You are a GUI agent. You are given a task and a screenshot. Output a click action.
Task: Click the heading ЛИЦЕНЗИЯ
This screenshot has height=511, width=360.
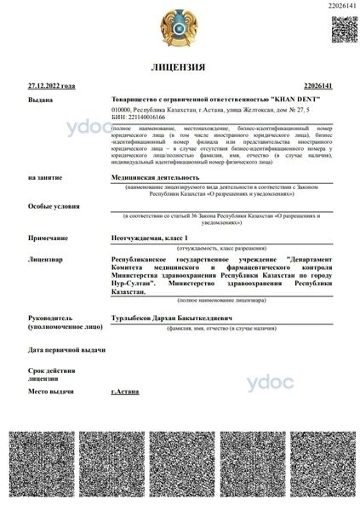coord(178,66)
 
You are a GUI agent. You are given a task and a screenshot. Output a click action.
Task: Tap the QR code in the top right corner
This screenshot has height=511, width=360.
coord(343,28)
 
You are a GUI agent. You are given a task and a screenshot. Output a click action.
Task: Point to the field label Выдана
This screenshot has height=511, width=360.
coord(40,100)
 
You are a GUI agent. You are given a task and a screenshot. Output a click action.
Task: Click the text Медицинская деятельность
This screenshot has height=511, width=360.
coord(150,176)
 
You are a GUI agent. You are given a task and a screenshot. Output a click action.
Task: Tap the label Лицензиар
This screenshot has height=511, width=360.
coord(46,257)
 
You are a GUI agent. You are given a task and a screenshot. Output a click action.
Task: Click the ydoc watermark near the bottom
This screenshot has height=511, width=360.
coord(268,382)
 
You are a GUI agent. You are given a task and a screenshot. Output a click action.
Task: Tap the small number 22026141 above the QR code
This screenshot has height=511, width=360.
coord(340,6)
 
